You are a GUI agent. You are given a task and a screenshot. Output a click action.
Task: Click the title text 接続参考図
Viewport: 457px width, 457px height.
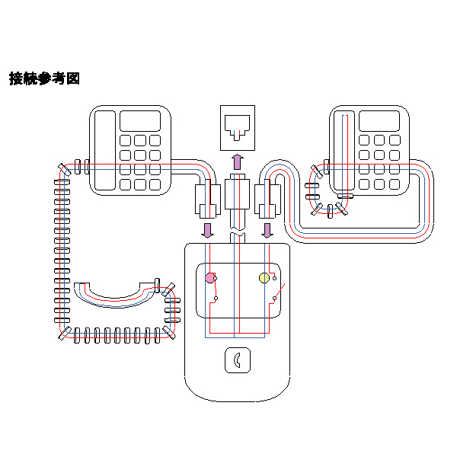coord(44,78)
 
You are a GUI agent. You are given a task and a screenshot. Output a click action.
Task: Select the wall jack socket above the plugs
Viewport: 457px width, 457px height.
coord(237,123)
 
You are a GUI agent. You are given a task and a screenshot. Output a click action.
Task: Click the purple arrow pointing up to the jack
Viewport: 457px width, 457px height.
coord(237,161)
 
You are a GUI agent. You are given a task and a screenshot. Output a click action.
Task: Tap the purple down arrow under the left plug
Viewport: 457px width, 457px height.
coord(206,229)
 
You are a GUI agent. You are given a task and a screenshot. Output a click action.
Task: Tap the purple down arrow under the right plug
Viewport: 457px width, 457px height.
coord(267,229)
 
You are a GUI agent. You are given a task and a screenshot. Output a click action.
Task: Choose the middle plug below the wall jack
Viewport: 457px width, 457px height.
coord(237,196)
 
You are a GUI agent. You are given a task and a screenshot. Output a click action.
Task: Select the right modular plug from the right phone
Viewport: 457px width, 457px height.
coord(267,200)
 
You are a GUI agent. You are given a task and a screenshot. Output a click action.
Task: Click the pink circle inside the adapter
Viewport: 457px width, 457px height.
coord(210,278)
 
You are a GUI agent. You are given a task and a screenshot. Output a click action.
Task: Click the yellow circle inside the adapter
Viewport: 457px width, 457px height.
coord(264,278)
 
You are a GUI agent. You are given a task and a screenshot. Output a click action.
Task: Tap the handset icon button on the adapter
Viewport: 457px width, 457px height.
coord(237,360)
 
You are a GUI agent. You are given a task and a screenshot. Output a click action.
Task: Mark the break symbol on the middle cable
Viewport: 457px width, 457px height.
coord(237,232)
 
